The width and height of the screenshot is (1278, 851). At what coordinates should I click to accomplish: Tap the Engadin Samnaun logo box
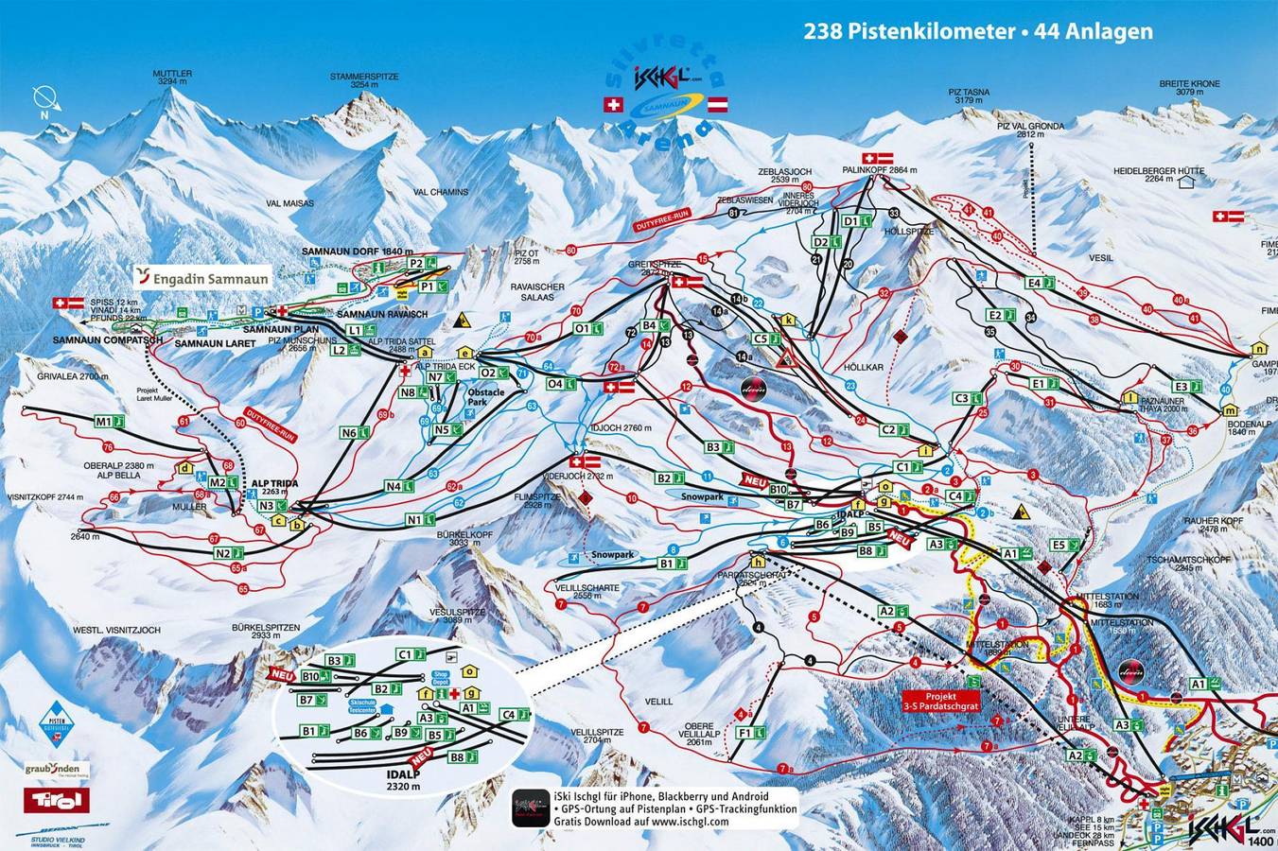click(x=202, y=277)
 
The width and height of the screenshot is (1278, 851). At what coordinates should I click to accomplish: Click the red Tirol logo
click(x=57, y=801)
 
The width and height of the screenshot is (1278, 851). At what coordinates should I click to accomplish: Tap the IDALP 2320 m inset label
click(x=402, y=779)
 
